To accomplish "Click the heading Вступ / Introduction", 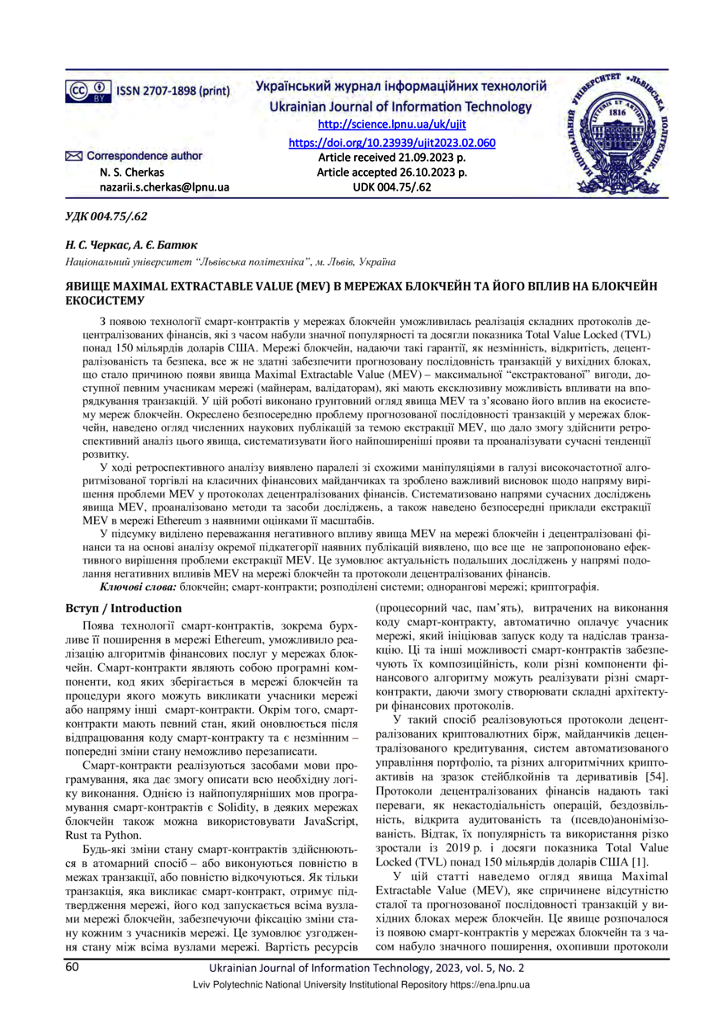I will pos(123,608).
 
